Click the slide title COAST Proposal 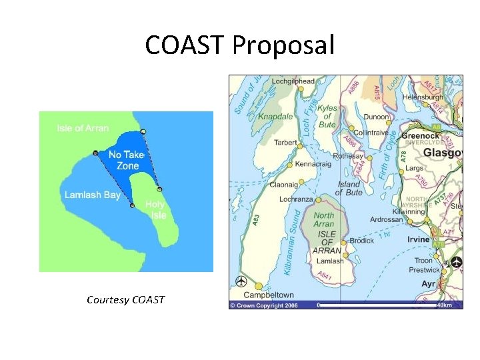pos(240,46)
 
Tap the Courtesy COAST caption pos(125,299)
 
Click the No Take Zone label pos(127,160)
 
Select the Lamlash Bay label pos(93,195)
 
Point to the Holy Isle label pos(155,210)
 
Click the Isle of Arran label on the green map pos(83,128)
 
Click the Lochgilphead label pos(293,81)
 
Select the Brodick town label pos(362,241)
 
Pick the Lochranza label pos(297,199)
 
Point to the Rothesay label pos(349,156)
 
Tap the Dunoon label pos(377,117)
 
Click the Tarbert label pos(286,142)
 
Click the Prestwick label pos(424,270)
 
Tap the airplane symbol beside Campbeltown pos(241,282)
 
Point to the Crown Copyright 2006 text pos(264,305)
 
